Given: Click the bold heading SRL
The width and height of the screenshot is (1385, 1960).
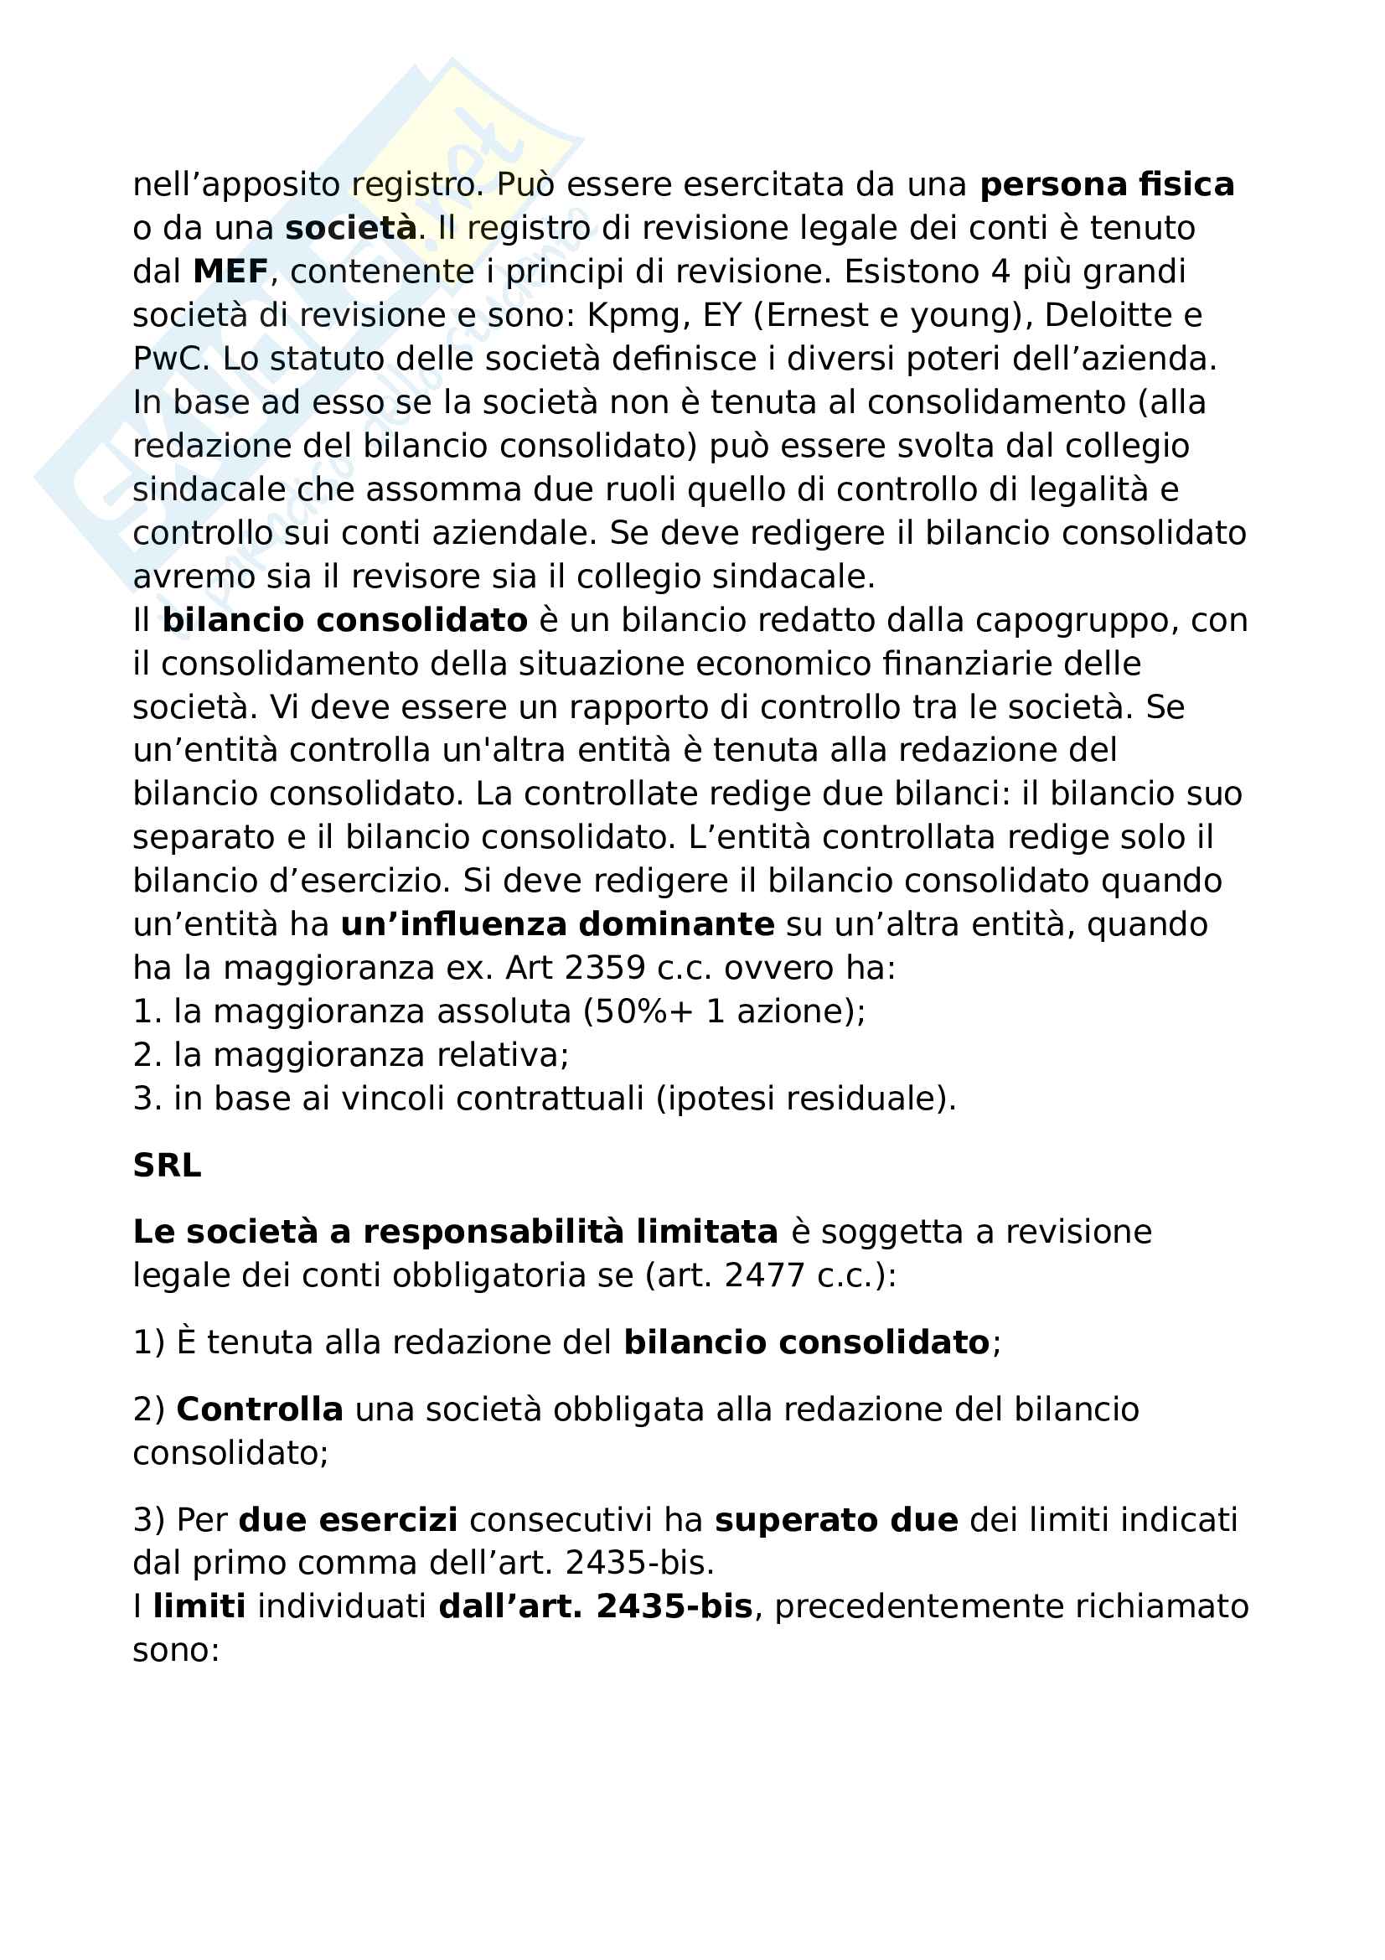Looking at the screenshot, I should click(x=167, y=1166).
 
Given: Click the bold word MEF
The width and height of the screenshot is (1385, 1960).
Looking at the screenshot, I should click(x=230, y=272).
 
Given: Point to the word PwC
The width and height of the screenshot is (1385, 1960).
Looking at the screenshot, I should click(x=170, y=359).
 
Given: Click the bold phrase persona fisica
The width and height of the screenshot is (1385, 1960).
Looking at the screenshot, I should click(x=1106, y=184).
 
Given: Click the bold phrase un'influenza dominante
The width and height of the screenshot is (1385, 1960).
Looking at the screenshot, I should click(x=557, y=924).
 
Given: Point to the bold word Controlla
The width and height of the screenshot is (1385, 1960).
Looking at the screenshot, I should click(x=260, y=1409).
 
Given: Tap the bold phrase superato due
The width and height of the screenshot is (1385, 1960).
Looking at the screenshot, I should click(x=835, y=1520).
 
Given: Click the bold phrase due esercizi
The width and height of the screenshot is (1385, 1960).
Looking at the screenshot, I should click(x=348, y=1520).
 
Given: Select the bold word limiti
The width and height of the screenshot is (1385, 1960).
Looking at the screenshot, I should click(x=199, y=1607).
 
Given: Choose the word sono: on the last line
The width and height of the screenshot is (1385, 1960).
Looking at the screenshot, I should click(x=176, y=1651).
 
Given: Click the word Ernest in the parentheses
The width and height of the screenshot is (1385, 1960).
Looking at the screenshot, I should click(x=819, y=316).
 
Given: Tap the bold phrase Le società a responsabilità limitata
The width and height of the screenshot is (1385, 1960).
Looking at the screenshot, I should click(x=455, y=1233).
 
